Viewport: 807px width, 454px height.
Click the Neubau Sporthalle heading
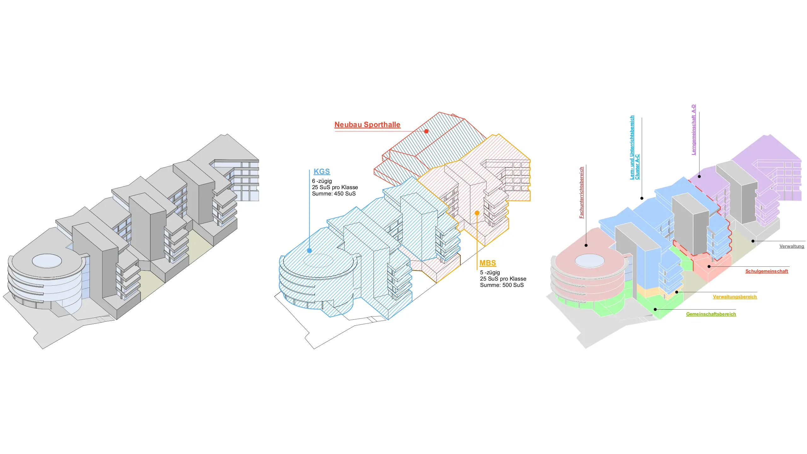pos(367,125)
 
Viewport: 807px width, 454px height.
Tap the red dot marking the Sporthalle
pos(426,131)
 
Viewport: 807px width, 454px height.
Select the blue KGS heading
pos(322,172)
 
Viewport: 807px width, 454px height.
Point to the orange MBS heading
pos(487,263)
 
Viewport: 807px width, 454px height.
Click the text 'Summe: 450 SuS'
pos(334,194)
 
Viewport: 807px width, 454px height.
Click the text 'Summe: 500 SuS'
pos(502,285)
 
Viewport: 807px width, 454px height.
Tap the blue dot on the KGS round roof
pos(310,251)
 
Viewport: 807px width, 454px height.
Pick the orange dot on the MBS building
pos(477,213)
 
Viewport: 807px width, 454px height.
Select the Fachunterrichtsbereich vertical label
pos(582,192)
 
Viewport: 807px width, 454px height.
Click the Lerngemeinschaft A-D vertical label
pos(694,130)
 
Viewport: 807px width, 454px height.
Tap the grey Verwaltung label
pos(792,246)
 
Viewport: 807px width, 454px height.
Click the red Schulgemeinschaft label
pos(766,271)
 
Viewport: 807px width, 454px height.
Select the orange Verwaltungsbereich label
pos(734,297)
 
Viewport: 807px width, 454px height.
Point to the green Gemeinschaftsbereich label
pos(711,314)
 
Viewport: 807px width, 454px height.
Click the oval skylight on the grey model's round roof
pos(47,261)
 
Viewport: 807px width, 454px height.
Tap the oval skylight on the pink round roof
pos(589,261)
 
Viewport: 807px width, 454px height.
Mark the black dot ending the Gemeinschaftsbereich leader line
pos(655,309)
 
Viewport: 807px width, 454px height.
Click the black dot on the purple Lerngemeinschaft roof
pos(699,177)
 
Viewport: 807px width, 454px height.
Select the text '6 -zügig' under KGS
pos(322,181)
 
